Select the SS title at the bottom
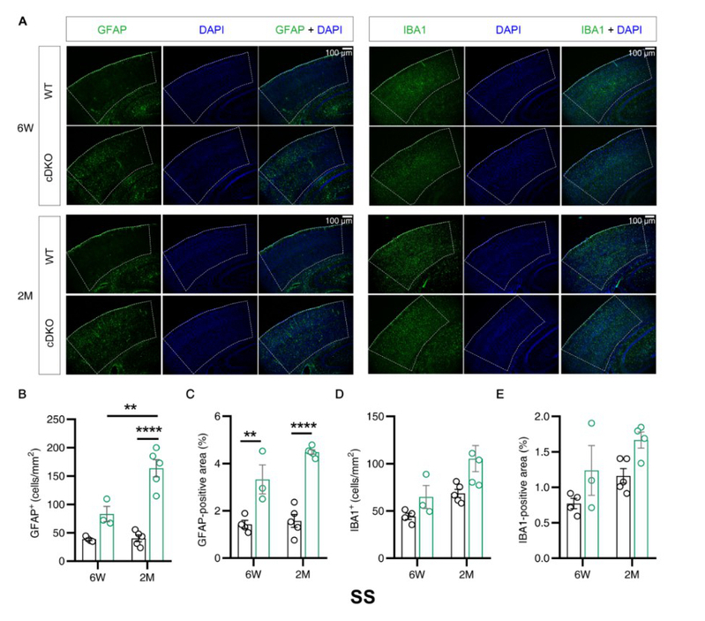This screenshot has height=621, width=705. coord(360,597)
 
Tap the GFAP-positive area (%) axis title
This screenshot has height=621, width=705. coord(205,486)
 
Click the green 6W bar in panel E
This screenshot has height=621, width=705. coord(591,515)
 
